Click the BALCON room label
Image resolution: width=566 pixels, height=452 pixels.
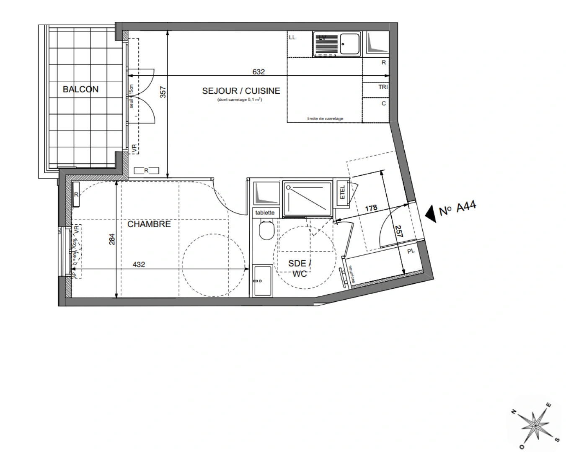pyautogui.click(x=80, y=89)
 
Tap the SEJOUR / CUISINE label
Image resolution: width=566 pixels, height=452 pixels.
pyautogui.click(x=241, y=91)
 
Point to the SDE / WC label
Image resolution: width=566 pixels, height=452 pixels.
pyautogui.click(x=300, y=268)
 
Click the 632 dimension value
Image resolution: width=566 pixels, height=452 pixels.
pyautogui.click(x=258, y=72)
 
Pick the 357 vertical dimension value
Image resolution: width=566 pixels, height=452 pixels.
pyautogui.click(x=163, y=92)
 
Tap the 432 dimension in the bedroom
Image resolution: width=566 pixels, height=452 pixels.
pyautogui.click(x=139, y=265)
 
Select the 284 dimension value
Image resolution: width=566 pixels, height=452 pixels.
pyautogui.click(x=111, y=239)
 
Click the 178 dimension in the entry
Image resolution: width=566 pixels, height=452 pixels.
pyautogui.click(x=371, y=208)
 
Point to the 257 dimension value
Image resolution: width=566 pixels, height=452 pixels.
pyautogui.click(x=398, y=231)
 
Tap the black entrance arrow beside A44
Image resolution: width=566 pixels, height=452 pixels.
pyautogui.click(x=430, y=213)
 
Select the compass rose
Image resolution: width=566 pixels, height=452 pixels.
pyautogui.click(x=535, y=424)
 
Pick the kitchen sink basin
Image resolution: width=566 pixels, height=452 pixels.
pyautogui.click(x=349, y=43)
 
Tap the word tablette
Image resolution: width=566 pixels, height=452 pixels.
pyautogui.click(x=265, y=213)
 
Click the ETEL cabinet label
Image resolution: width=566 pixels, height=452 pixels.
pyautogui.click(x=342, y=192)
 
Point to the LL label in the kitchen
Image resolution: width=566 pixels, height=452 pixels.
pyautogui.click(x=292, y=38)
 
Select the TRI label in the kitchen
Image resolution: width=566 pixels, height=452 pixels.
pyautogui.click(x=383, y=87)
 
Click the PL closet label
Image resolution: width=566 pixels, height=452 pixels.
pyautogui.click(x=411, y=251)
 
